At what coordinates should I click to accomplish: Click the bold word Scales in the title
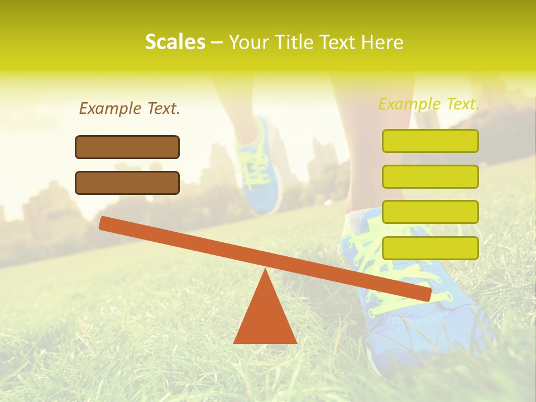[x=175, y=42]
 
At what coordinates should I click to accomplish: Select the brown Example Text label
[x=130, y=108]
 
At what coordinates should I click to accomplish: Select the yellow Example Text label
[x=429, y=104]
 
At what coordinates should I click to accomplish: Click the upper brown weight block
[x=127, y=147]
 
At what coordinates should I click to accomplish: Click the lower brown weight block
[x=127, y=183]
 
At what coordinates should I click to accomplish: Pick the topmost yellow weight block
[x=430, y=141]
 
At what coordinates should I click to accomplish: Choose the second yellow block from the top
[x=430, y=176]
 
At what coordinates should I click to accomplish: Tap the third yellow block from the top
[x=430, y=212]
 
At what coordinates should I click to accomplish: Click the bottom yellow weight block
[x=430, y=248]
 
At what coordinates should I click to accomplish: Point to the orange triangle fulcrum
[x=265, y=318]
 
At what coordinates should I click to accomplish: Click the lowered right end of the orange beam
[x=425, y=294]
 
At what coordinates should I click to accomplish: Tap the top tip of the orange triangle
[x=265, y=272]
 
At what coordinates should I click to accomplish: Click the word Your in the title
[x=248, y=42]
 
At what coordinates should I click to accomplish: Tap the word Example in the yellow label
[x=409, y=104]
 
